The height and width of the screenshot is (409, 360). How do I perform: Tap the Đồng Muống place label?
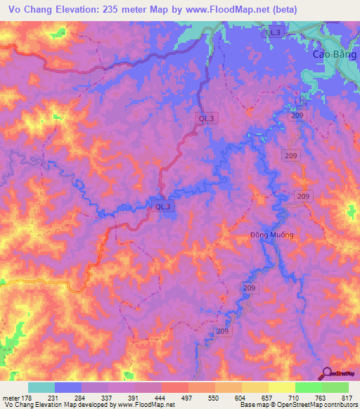click(271, 235)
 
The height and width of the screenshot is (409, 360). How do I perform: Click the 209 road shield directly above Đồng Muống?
click(304, 196)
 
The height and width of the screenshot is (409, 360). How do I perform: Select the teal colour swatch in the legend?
click(41, 388)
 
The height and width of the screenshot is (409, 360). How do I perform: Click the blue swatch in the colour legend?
click(67, 388)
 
